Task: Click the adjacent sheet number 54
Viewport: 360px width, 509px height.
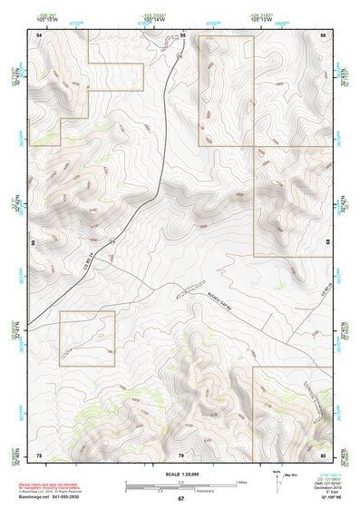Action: (39, 34)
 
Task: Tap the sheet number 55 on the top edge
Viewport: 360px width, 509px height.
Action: (182, 34)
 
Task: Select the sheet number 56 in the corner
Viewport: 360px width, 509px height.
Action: (323, 34)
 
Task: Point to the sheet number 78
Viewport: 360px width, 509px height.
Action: (39, 454)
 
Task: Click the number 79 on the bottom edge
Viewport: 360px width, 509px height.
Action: (181, 454)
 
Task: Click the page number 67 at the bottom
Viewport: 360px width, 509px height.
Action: (180, 498)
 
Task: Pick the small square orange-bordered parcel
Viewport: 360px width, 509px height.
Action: (87, 338)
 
